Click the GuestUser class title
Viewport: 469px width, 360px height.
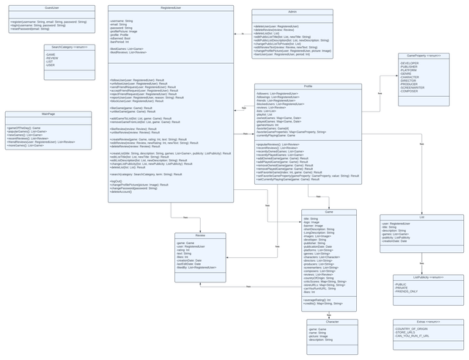[x=51, y=8]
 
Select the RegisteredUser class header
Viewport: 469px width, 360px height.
[x=171, y=8]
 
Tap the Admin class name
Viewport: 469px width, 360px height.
[x=292, y=12]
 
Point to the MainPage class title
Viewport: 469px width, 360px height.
[x=48, y=114]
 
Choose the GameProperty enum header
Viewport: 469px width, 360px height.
[x=424, y=56]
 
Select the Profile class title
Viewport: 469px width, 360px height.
[x=308, y=87]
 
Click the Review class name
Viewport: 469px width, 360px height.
[x=200, y=236]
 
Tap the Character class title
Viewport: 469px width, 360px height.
[x=332, y=322]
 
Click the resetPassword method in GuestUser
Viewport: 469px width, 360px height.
[x=35, y=29]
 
